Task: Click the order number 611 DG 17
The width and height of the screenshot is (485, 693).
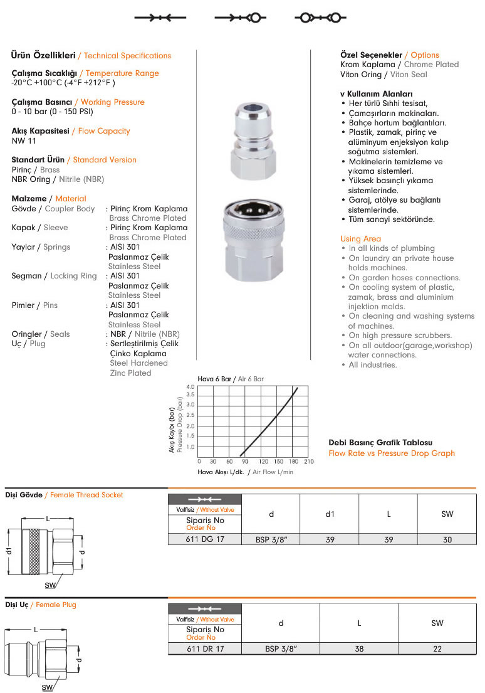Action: click(205, 538)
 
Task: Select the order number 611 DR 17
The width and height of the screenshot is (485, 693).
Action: click(205, 649)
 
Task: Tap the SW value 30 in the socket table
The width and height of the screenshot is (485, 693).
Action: click(447, 538)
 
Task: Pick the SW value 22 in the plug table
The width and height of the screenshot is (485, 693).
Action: click(437, 649)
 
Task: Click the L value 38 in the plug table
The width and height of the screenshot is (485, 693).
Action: click(359, 649)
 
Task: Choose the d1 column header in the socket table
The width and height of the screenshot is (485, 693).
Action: click(330, 514)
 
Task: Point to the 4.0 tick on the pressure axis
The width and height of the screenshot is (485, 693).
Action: click(190, 387)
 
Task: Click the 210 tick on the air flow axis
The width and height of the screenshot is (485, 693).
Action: click(308, 461)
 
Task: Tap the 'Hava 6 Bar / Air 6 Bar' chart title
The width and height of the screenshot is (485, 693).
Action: click(231, 379)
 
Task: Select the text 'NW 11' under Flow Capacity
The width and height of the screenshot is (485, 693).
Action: click(24, 140)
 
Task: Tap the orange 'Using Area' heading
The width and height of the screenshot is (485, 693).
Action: click(360, 239)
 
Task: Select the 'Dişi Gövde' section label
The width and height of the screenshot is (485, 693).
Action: click(24, 495)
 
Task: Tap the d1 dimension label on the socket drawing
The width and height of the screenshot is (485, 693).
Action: click(10, 551)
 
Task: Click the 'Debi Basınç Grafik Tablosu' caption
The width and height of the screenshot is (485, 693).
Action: click(380, 443)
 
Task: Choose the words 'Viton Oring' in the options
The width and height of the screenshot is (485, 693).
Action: click(360, 74)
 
